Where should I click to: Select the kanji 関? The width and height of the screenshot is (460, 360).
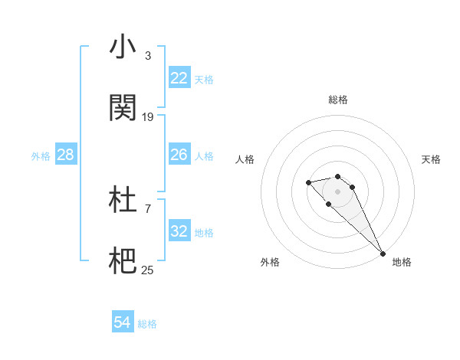(123, 108)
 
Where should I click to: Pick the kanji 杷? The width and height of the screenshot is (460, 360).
(123, 261)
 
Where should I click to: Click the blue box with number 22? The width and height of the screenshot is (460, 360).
(179, 78)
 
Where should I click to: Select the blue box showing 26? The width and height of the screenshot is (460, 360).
(179, 155)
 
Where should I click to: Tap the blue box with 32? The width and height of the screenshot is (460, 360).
(179, 231)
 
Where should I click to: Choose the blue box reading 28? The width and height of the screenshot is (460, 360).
(66, 155)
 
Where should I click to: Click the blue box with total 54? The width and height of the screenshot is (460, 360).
(122, 323)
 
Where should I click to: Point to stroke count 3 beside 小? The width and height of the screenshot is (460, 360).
(147, 56)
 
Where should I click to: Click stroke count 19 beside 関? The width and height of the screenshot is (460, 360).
(148, 116)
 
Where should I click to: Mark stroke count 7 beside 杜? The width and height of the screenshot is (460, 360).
(147, 208)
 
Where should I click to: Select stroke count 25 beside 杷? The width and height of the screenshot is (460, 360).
(148, 270)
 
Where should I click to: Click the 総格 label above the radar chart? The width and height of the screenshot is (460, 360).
(338, 100)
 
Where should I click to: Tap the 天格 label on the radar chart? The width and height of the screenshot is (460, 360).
(432, 159)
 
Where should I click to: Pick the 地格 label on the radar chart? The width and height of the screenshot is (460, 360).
(402, 262)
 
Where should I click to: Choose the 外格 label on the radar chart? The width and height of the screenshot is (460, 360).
(270, 262)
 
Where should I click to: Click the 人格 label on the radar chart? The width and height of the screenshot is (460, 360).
(245, 159)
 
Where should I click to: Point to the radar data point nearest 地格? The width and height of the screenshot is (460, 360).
(383, 253)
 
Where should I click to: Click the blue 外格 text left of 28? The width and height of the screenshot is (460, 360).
(41, 155)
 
